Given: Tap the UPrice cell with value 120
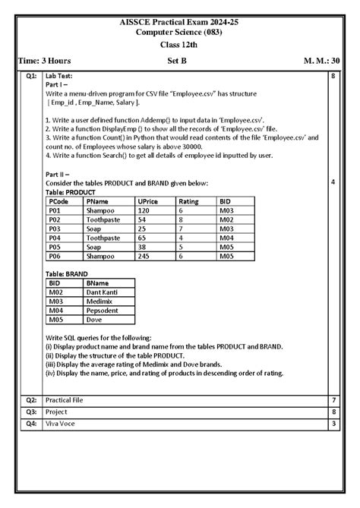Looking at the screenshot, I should point(143,210).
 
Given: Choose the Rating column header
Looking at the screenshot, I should point(190,201).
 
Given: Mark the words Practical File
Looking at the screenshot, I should point(64,399).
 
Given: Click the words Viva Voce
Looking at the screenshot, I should point(61,423).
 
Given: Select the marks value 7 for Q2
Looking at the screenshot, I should point(333,399).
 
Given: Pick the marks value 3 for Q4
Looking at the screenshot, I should point(333,423).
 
